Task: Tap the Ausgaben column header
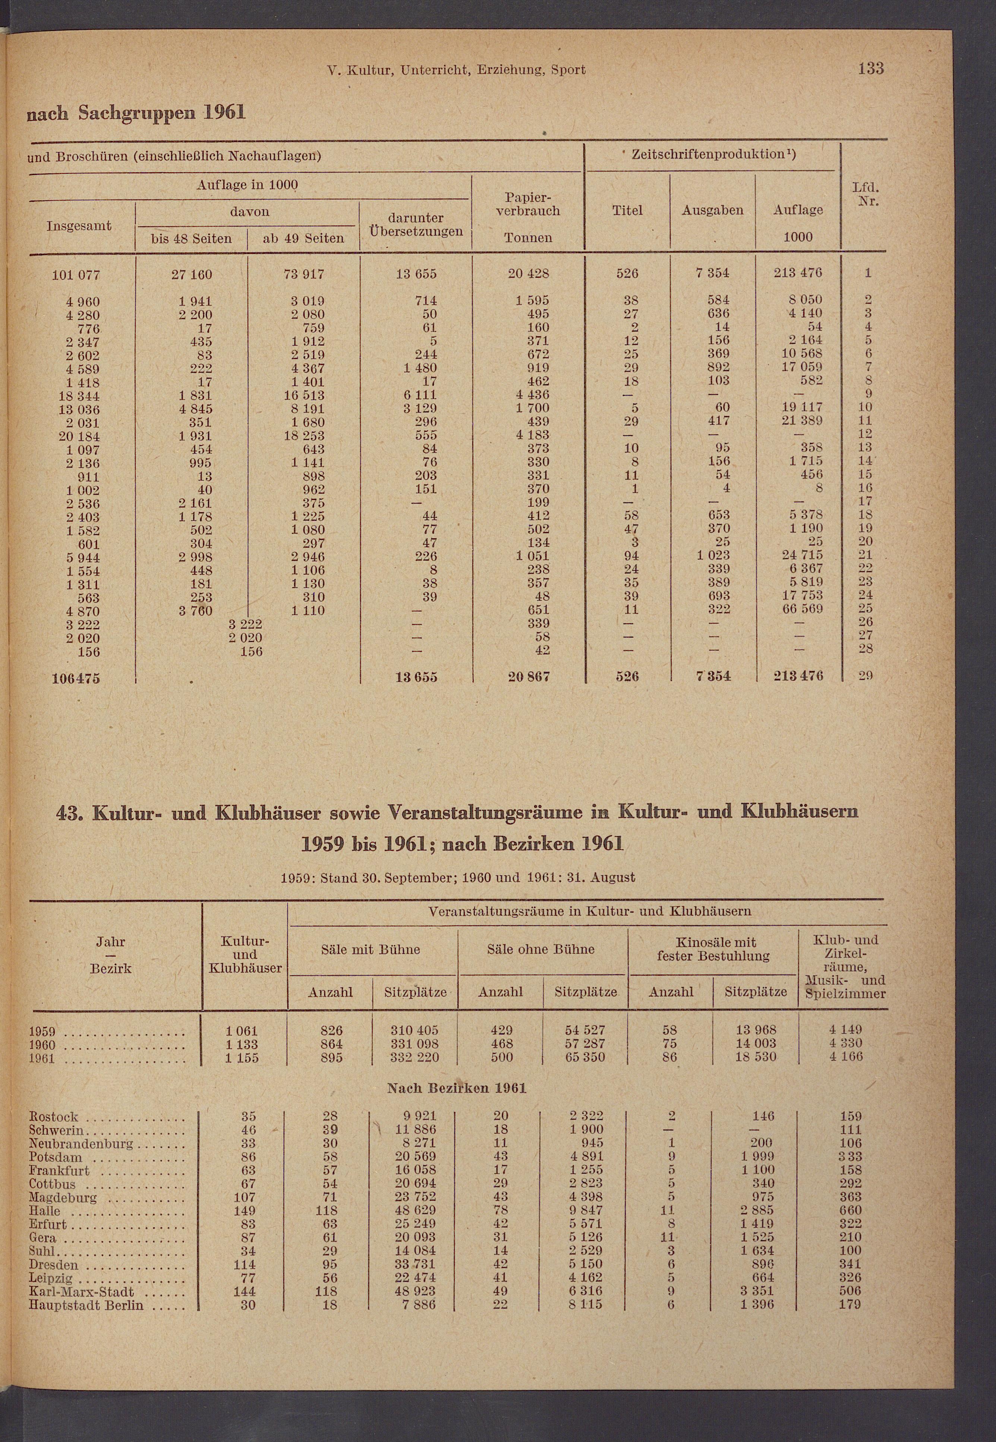[x=712, y=210]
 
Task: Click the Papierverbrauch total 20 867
[x=529, y=676]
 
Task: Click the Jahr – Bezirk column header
[x=110, y=955]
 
